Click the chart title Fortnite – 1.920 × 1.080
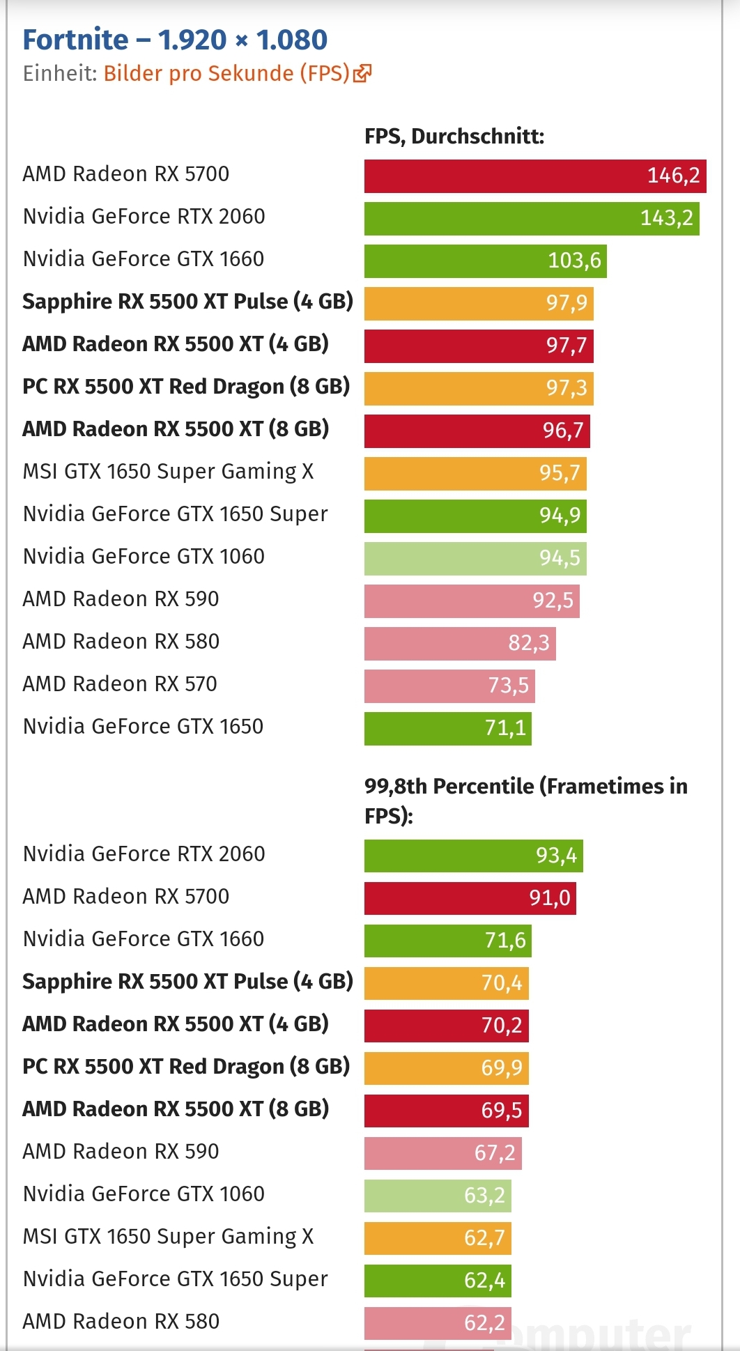tap(175, 40)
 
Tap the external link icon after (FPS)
tap(362, 73)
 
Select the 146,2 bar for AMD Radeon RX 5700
tap(534, 176)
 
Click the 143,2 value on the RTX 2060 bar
tap(666, 218)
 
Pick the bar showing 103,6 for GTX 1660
tap(485, 261)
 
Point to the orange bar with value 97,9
tap(479, 303)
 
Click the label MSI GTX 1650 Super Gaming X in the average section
tap(168, 472)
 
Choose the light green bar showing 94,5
tap(475, 558)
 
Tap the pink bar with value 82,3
tap(460, 643)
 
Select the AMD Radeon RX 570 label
tap(120, 684)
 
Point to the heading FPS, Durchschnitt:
tap(454, 136)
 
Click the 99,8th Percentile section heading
tap(525, 801)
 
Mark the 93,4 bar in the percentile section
tap(473, 856)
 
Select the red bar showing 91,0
tap(470, 898)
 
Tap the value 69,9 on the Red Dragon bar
tap(501, 1068)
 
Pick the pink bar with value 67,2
tap(442, 1153)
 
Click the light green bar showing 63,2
tap(438, 1196)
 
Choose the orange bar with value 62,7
tap(438, 1238)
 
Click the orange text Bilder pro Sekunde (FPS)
tap(226, 73)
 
